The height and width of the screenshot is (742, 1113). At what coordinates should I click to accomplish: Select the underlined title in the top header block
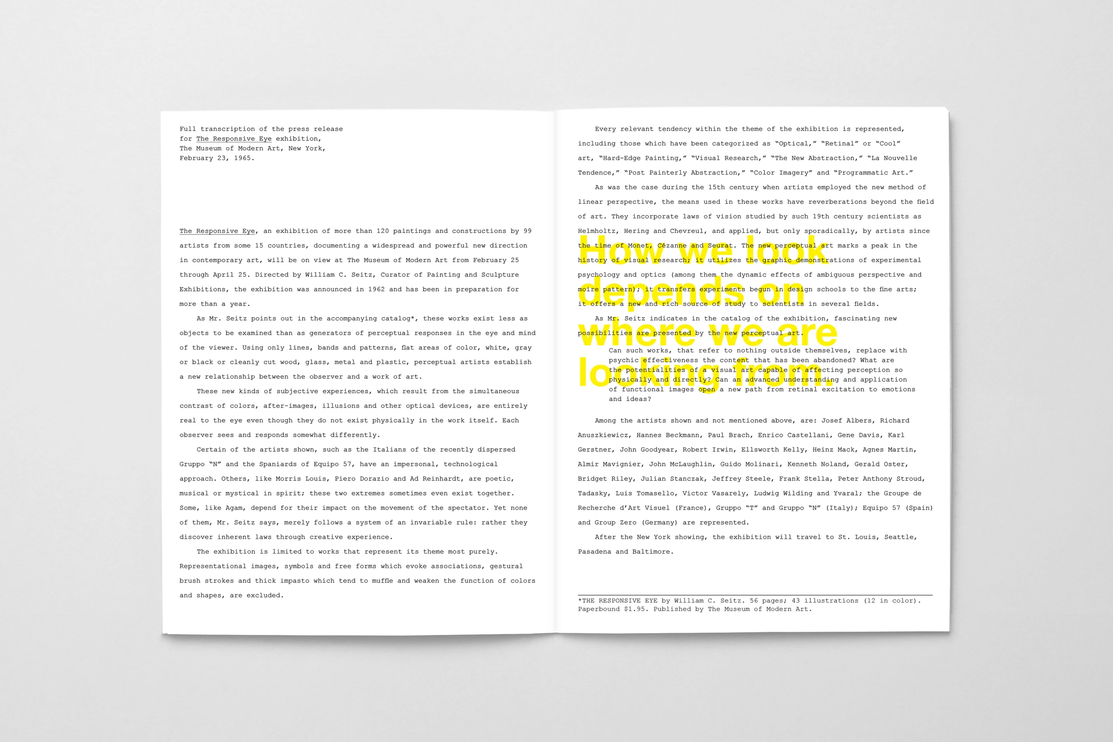point(234,139)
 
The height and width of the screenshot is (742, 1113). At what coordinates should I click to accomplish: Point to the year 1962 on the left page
point(376,289)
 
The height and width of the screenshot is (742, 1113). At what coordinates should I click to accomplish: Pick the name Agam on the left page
point(234,507)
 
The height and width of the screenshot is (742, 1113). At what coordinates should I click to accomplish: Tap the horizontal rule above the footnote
point(755,594)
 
